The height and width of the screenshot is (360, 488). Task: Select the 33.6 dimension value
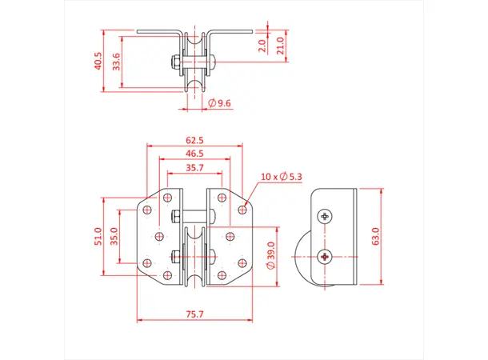tap(117, 61)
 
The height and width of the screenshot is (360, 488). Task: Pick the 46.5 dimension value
tap(194, 153)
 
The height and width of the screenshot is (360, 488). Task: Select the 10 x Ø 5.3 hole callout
tap(281, 176)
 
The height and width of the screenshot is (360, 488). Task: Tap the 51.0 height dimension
tap(98, 236)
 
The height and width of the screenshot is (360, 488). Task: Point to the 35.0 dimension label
tap(114, 236)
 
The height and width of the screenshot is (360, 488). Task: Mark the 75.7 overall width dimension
tap(194, 315)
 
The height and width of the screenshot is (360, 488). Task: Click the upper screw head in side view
tap(325, 216)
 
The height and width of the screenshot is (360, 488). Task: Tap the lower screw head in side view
tap(325, 257)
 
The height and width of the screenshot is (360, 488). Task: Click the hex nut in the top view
tap(174, 62)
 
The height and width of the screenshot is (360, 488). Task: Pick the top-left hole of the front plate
tap(147, 206)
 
